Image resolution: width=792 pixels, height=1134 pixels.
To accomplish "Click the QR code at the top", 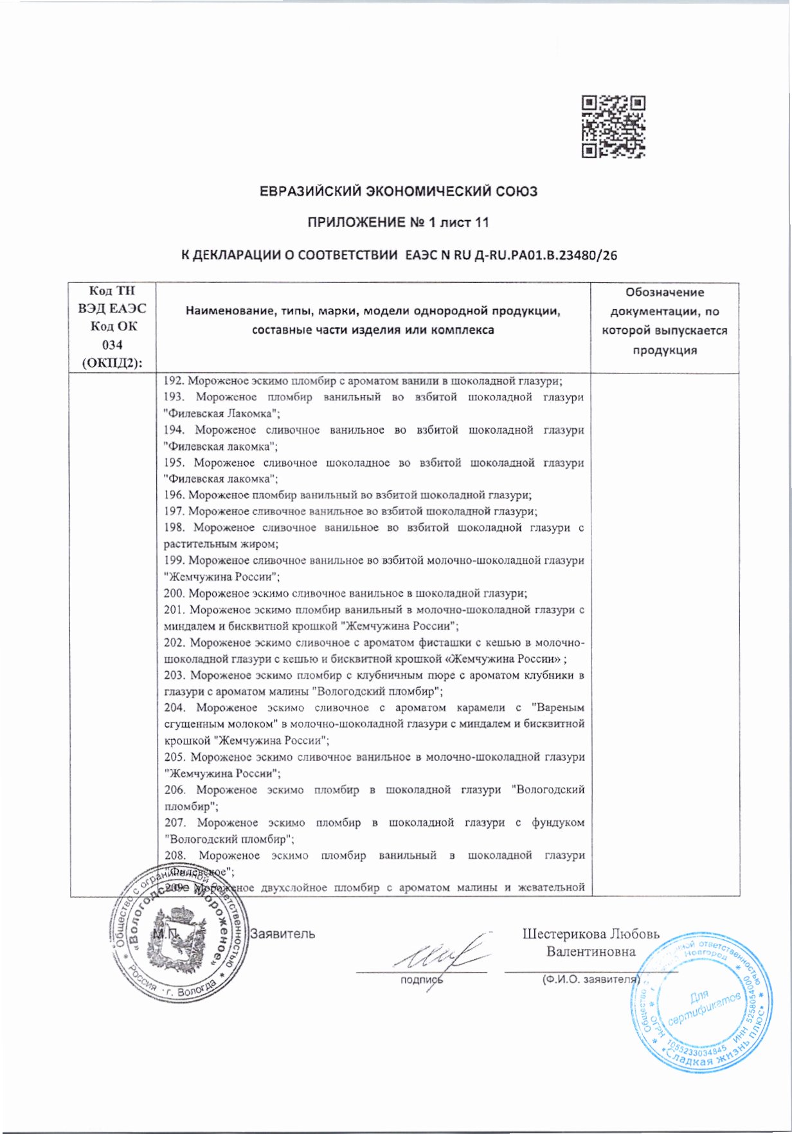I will [x=613, y=127].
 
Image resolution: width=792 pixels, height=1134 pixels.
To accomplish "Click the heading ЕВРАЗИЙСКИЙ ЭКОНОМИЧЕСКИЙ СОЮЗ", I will [x=398, y=192].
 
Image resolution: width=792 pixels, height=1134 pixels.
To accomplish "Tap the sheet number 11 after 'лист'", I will [x=482, y=222].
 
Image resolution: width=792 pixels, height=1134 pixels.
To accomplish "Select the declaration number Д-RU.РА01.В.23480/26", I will [x=545, y=255].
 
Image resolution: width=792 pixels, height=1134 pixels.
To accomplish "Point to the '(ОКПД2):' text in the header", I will [x=112, y=363].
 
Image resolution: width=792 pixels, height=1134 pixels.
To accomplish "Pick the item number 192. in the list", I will [x=174, y=381].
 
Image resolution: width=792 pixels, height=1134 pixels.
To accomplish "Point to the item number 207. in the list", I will [x=175, y=822].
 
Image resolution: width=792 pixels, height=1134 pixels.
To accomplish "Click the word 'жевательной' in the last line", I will [x=556, y=888].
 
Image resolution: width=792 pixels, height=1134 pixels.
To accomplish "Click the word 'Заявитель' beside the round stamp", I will [x=283, y=933].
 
